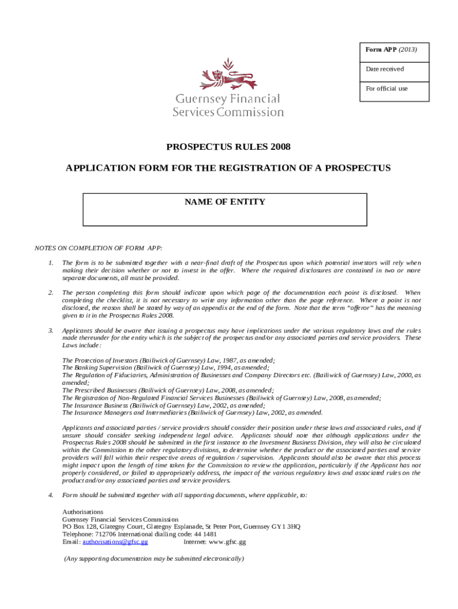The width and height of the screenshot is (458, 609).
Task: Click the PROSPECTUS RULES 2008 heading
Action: (228, 146)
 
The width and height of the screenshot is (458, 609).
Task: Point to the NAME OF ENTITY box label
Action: (225, 202)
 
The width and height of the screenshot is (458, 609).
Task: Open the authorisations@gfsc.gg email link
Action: (115, 542)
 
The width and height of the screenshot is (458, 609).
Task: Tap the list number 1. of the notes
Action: (51, 262)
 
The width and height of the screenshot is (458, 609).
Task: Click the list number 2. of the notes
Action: (51, 293)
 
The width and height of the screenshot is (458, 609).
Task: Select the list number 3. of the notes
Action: (51, 330)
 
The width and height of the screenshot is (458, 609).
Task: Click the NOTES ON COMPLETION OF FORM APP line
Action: (99, 247)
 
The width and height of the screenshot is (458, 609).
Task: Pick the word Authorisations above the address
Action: (83, 511)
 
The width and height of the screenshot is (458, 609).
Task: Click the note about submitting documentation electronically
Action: (153, 559)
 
